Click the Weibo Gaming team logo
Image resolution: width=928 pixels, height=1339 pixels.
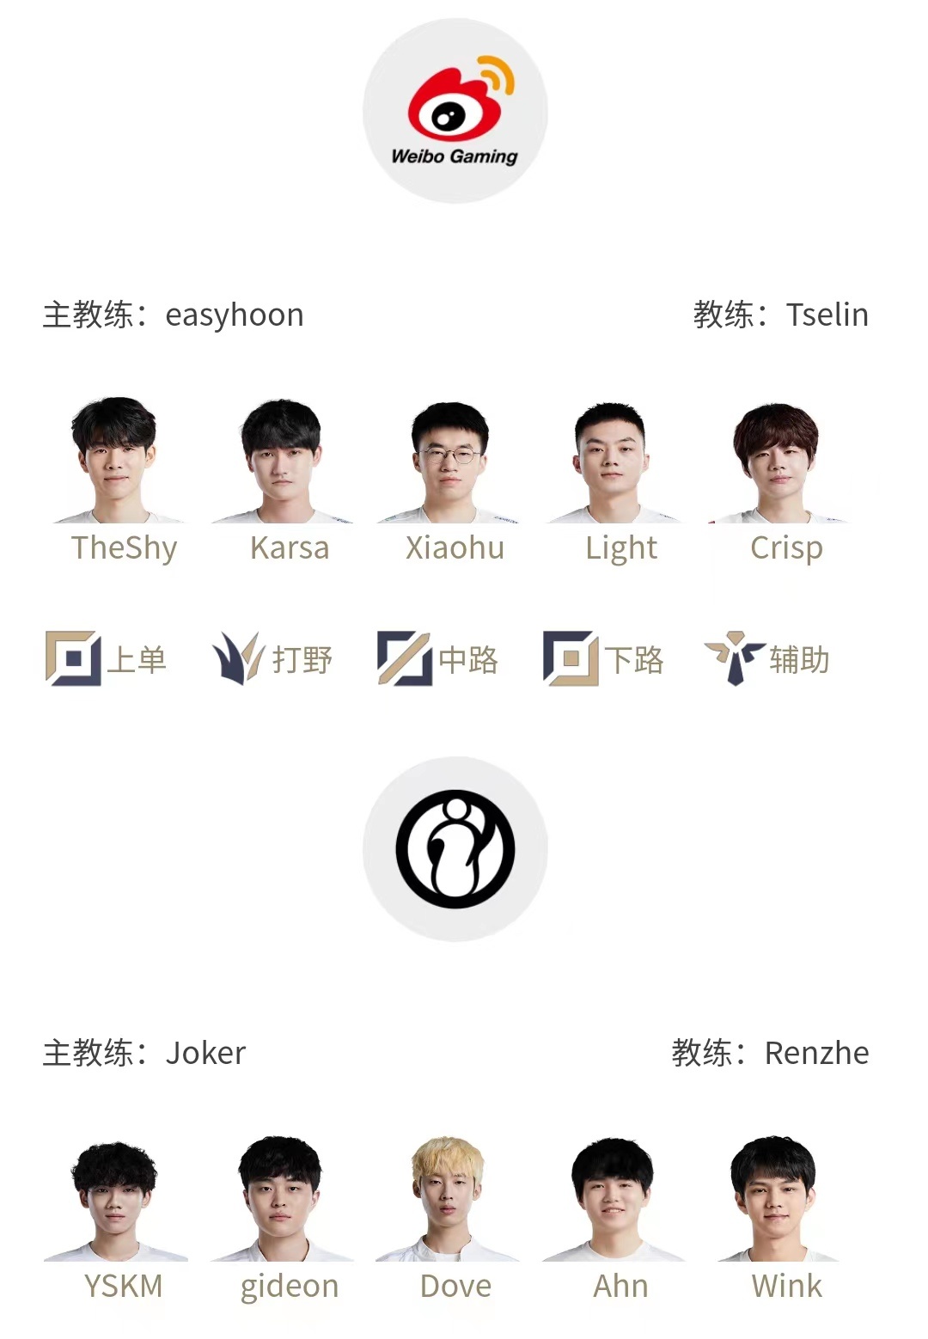pos(455,111)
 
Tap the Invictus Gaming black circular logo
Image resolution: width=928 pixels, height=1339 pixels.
pos(455,849)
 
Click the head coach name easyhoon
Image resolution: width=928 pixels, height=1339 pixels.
pos(234,315)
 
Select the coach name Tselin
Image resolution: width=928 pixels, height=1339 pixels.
pos(827,315)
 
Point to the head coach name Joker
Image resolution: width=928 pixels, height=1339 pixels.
pos(205,1053)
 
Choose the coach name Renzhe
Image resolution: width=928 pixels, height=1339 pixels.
pos(816,1053)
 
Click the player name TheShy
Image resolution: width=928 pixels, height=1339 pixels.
pos(124,548)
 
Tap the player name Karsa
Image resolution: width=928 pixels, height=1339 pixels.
pos(290,548)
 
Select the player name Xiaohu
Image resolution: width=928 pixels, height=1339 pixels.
pos(455,548)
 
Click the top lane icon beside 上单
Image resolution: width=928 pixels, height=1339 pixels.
pos(72,658)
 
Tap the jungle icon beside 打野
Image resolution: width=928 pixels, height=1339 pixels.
pos(237,658)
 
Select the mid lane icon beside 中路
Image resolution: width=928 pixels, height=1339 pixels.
pos(404,658)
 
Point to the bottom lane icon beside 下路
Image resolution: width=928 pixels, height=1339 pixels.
pos(570,658)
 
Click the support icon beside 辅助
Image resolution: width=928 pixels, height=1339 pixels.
pos(734,658)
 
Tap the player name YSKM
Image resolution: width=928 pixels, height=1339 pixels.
pos(124,1287)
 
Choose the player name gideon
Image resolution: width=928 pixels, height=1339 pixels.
pos(290,1287)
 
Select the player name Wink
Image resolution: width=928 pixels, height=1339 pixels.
pos(786,1287)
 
